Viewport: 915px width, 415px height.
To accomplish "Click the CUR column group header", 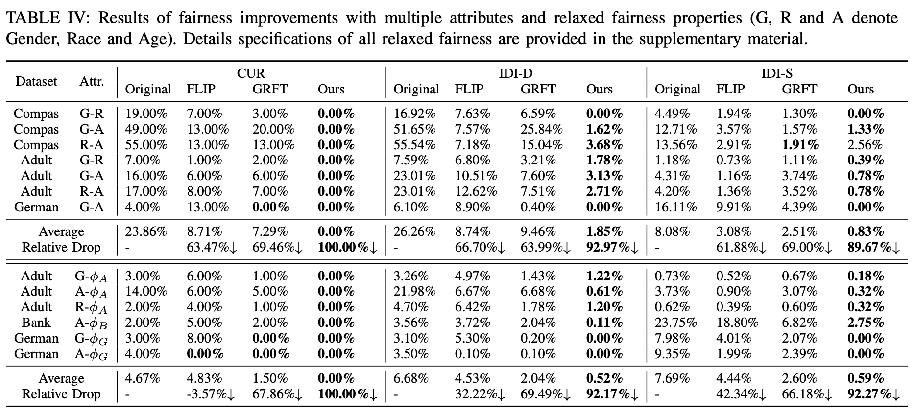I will coord(251,73).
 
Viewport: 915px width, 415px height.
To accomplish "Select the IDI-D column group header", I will coord(515,73).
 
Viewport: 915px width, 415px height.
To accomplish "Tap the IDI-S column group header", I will coord(777,73).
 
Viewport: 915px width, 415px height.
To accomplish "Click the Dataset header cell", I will coord(36,81).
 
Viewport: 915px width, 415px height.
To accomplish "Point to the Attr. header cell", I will coord(92,81).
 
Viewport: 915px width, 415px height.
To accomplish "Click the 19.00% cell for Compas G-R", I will coord(146,114).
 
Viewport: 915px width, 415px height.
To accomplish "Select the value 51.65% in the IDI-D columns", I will coord(414,129).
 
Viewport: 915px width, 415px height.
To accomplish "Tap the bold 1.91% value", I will coord(799,145).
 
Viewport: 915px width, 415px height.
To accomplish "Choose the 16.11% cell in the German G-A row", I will coord(675,207).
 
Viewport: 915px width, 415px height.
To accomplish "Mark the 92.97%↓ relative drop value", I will coord(612,247).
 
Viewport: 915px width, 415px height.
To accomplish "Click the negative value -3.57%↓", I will coord(211,394).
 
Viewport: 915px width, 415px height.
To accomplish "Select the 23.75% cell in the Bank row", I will coord(675,323).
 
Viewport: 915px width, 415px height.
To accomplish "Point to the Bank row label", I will coord(36,323).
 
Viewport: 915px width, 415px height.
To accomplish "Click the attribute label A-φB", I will coord(91,323).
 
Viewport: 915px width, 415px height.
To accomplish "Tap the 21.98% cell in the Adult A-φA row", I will coord(414,291).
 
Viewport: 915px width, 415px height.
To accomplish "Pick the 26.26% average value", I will coord(414,231).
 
